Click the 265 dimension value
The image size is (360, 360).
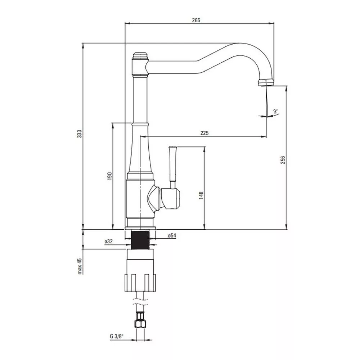pyautogui.click(x=196, y=20)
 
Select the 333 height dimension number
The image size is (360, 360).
pyautogui.click(x=79, y=134)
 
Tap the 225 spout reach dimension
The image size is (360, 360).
pyautogui.click(x=204, y=133)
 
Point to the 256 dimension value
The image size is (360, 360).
pyautogui.click(x=283, y=160)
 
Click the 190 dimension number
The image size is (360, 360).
pyautogui.click(x=109, y=176)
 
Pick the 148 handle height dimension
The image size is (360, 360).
pyautogui.click(x=201, y=195)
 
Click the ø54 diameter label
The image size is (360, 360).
pyautogui.click(x=172, y=235)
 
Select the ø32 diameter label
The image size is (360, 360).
pyautogui.click(x=109, y=242)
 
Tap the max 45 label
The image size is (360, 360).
pyautogui.click(x=80, y=266)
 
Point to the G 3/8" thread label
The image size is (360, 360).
pyautogui.click(x=116, y=337)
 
